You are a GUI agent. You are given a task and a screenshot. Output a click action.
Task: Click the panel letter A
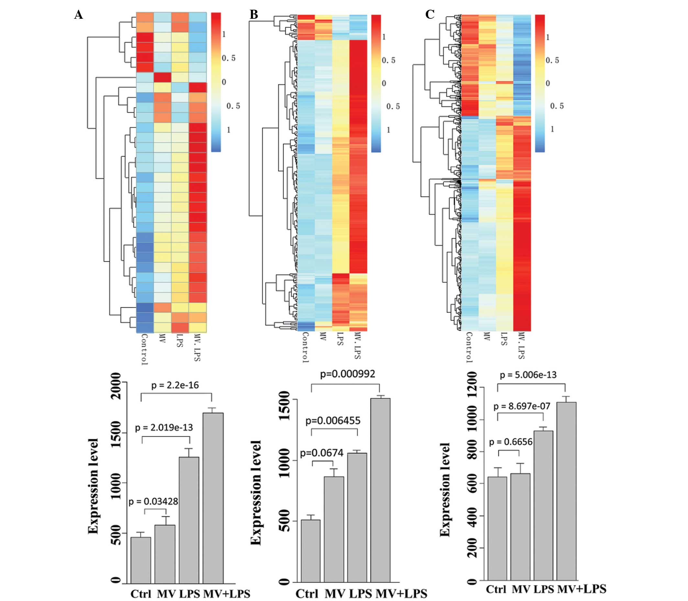(x=79, y=15)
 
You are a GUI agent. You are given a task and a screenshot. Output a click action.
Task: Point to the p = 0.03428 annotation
(x=153, y=502)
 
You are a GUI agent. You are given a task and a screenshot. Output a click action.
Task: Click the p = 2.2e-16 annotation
(x=175, y=385)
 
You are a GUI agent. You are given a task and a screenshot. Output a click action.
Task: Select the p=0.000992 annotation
(x=348, y=374)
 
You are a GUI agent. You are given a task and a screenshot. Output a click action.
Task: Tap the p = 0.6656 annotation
(x=511, y=442)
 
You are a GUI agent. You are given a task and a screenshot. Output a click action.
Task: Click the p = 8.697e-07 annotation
(x=522, y=407)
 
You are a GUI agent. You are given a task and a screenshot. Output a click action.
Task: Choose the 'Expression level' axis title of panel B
(x=256, y=493)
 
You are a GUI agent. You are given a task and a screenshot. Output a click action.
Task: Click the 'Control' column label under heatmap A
(x=145, y=349)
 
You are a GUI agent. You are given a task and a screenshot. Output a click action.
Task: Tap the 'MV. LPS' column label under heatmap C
(x=521, y=345)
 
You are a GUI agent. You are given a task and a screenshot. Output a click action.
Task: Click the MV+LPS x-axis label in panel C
(x=582, y=589)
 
